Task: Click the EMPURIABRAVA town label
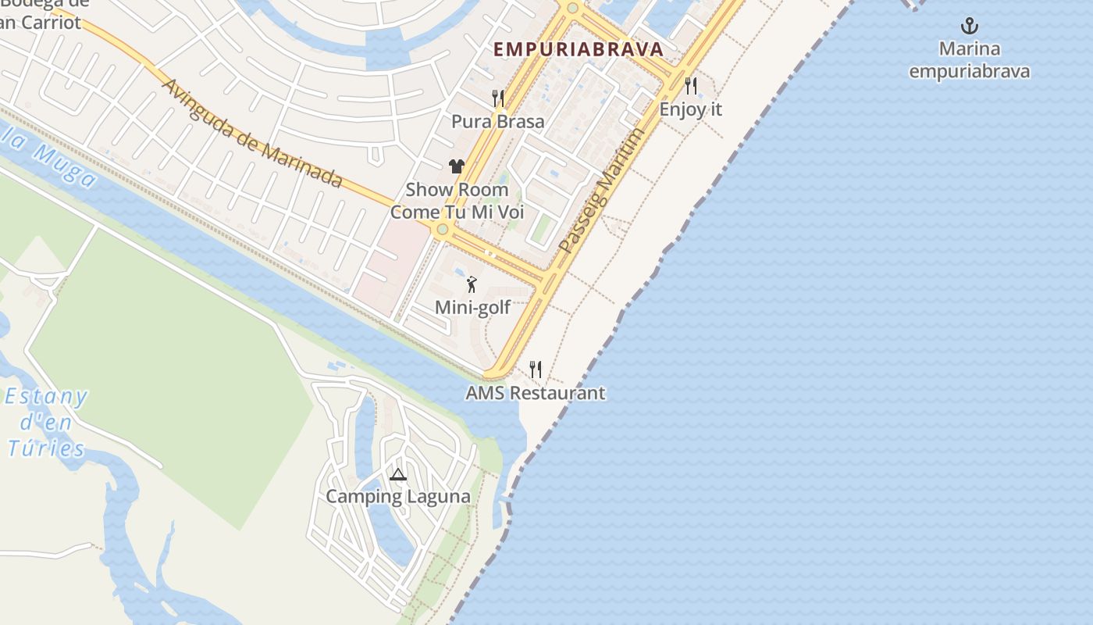[x=578, y=49]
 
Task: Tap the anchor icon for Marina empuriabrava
[x=969, y=27]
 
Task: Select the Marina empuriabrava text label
[x=969, y=60]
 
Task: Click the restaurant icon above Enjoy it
[x=691, y=85]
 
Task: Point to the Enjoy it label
[x=691, y=109]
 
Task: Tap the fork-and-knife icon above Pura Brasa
[x=498, y=98]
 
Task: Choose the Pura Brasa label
[x=498, y=122]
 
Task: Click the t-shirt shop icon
[x=457, y=166]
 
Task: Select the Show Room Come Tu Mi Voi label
[x=457, y=201]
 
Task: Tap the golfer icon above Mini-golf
[x=472, y=284]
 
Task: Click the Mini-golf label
[x=472, y=308]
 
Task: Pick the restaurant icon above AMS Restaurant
[x=536, y=369]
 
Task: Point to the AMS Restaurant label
[x=536, y=393]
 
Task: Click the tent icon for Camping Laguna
[x=398, y=473]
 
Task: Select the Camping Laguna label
[x=398, y=497]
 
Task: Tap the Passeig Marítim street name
[x=602, y=190]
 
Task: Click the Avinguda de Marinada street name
[x=251, y=132]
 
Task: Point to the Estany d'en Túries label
[x=47, y=423]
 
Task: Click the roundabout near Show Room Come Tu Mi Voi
[x=443, y=229]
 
